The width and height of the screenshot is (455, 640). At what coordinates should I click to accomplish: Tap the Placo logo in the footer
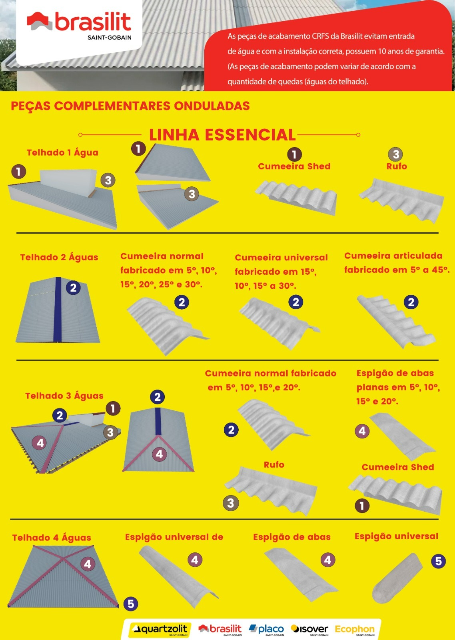(x=266, y=630)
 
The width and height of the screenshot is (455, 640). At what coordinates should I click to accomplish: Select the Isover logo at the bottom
(x=309, y=630)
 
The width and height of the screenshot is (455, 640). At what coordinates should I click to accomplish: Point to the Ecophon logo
(x=355, y=630)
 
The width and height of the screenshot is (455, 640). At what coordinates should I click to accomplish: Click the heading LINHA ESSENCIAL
(x=222, y=135)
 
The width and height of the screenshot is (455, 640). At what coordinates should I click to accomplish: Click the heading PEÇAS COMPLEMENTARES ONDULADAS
(x=130, y=106)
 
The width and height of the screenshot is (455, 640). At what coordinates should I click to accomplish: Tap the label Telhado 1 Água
(x=62, y=152)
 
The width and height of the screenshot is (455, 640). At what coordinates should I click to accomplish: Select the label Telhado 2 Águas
(x=59, y=257)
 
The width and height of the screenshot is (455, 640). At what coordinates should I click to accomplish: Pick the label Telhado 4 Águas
(x=52, y=538)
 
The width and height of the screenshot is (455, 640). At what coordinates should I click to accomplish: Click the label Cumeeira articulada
(x=393, y=256)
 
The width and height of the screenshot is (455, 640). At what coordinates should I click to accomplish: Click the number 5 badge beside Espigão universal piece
(x=439, y=561)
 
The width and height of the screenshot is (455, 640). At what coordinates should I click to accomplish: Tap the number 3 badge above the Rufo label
(x=395, y=154)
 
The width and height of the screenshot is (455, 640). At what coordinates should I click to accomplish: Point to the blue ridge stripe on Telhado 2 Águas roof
(x=58, y=309)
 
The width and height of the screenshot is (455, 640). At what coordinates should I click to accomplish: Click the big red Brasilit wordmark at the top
(x=93, y=22)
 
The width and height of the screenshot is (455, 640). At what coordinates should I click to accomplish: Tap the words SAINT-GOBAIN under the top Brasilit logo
(x=110, y=38)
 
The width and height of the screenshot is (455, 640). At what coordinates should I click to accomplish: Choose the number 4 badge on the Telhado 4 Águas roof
(x=88, y=564)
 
